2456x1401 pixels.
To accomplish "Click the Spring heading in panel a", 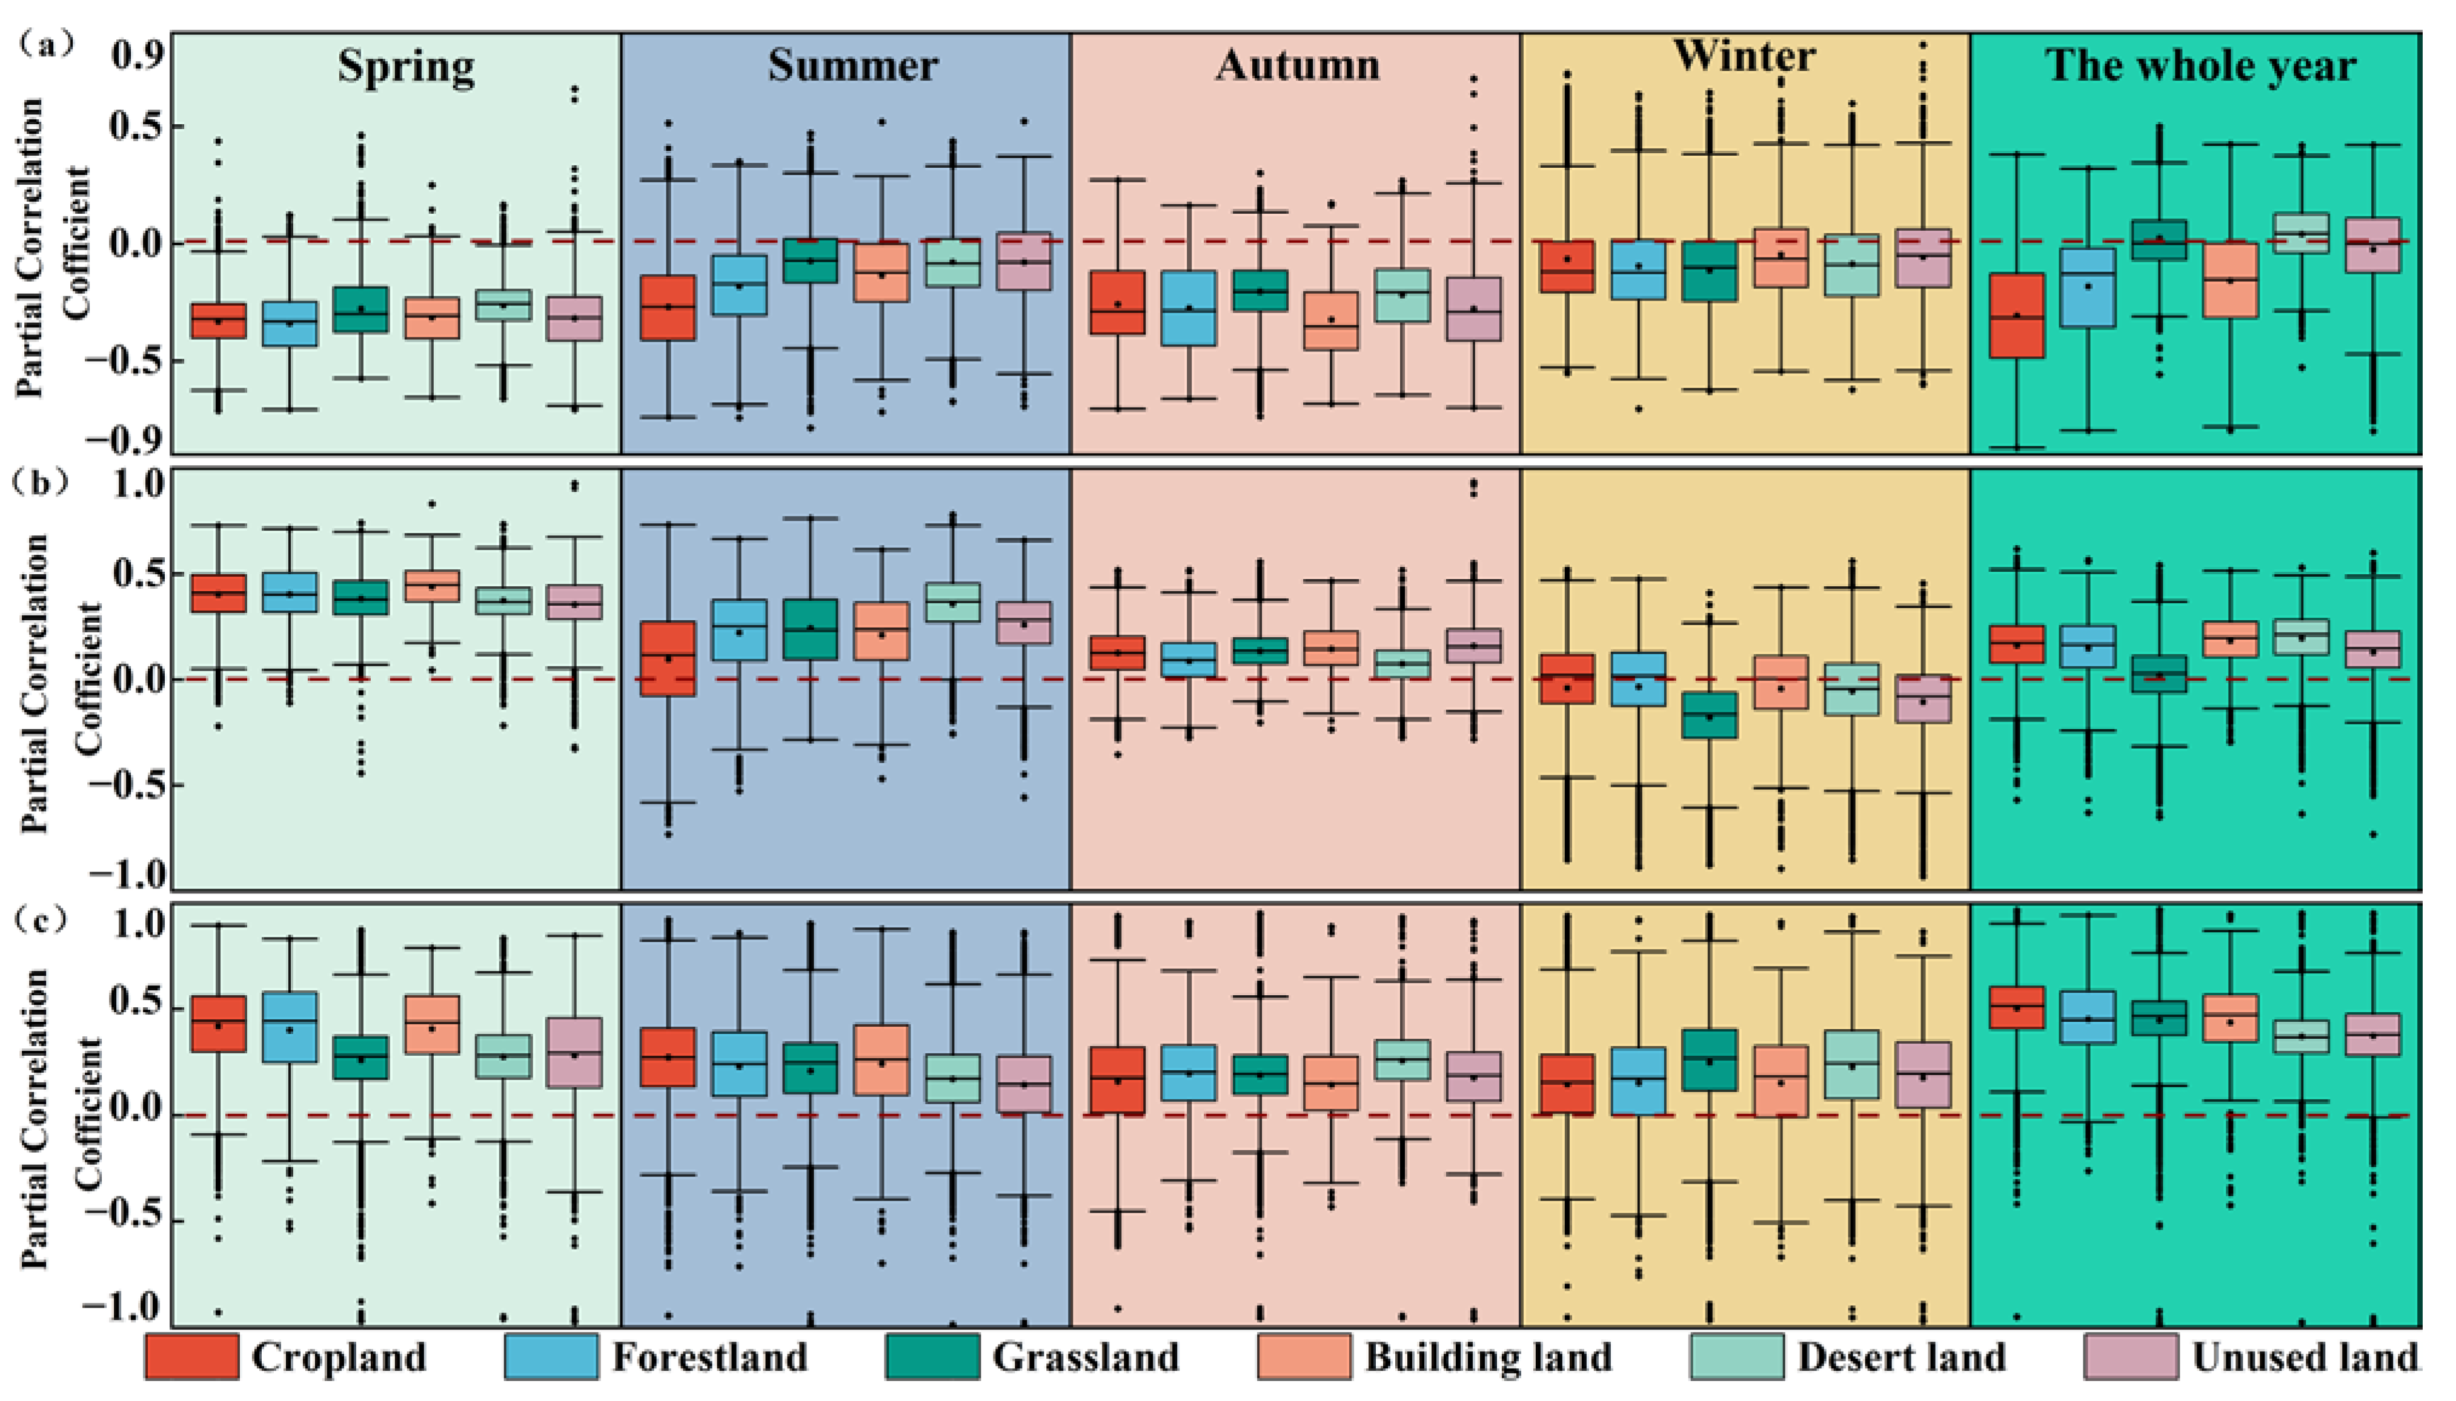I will [x=405, y=67].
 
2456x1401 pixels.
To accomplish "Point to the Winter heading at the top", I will [x=1745, y=56].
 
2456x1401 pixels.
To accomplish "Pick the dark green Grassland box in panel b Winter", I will [x=1709, y=714].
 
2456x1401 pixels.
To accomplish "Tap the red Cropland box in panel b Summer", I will [x=668, y=658].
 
